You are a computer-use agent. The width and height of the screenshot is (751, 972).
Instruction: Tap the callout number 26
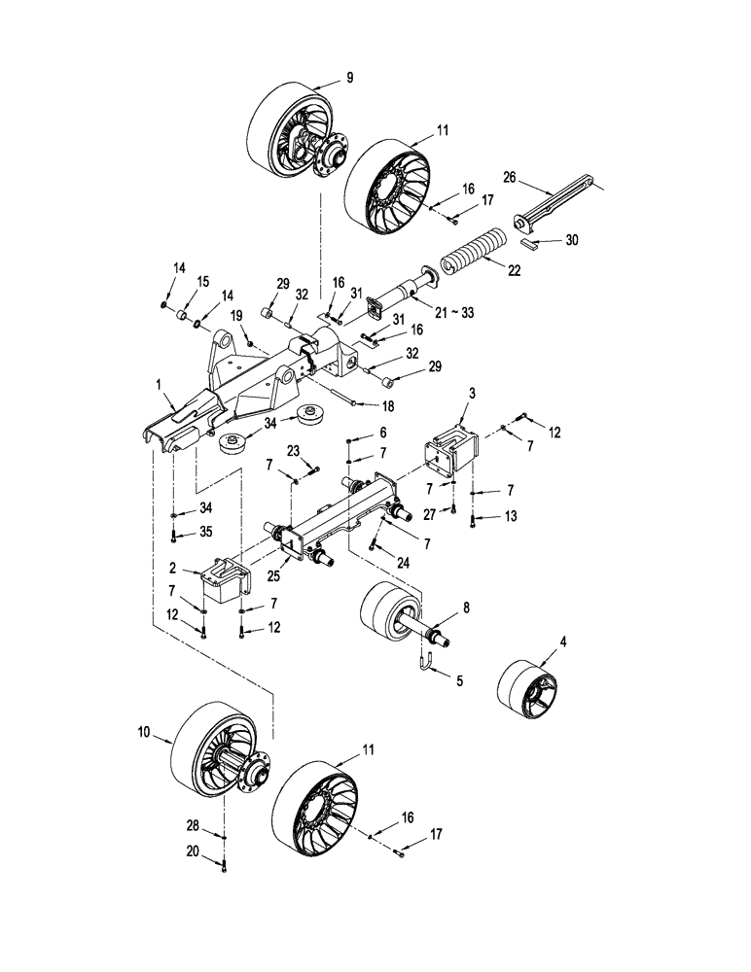point(510,177)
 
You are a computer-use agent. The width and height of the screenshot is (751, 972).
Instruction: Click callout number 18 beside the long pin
point(361,404)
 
